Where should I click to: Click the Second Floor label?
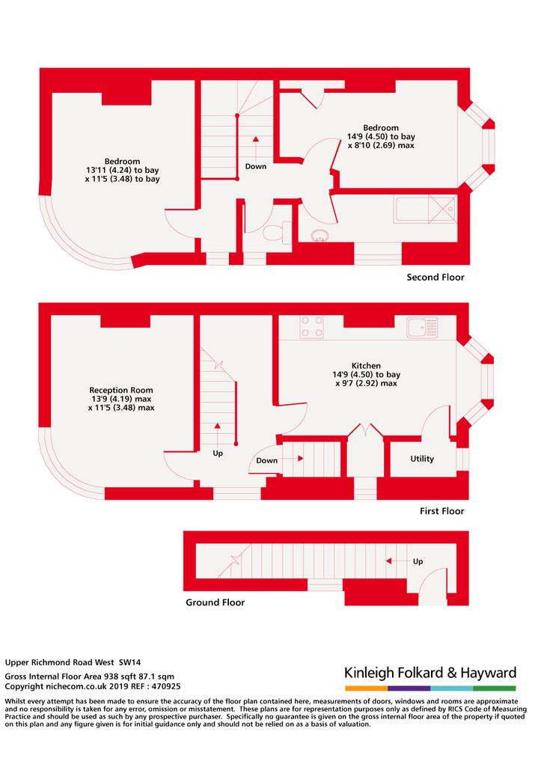(435, 278)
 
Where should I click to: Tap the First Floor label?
(441, 511)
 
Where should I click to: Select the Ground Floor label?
(215, 602)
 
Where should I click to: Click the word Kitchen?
(366, 366)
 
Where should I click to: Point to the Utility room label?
(422, 459)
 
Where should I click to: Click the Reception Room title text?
(121, 390)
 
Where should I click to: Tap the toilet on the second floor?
(277, 232)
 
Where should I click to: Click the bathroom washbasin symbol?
(320, 236)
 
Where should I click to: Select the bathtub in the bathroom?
(426, 210)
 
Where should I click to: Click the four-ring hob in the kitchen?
(312, 327)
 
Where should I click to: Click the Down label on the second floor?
(256, 167)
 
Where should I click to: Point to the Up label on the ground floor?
(418, 561)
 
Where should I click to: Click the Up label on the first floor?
(218, 453)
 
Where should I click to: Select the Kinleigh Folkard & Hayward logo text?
(430, 673)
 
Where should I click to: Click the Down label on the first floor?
(267, 460)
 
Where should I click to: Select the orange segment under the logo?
(366, 688)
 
